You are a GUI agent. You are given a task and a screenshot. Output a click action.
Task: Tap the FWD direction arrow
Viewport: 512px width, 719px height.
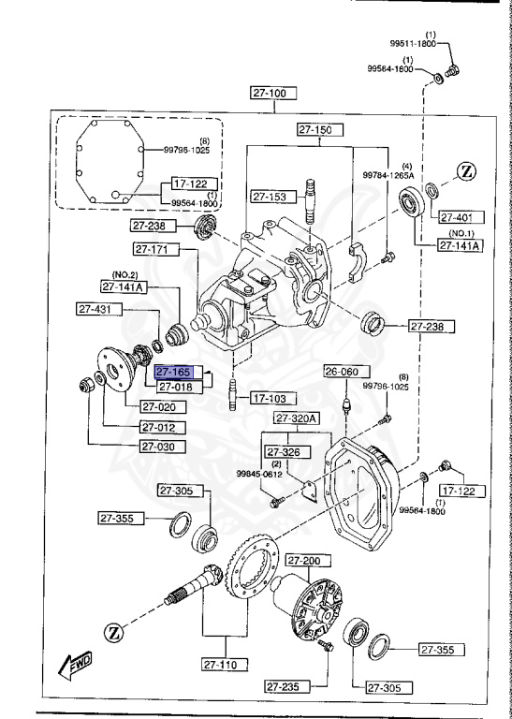pos(72,666)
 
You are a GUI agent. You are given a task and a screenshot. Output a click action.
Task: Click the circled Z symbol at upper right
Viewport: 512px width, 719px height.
pos(468,171)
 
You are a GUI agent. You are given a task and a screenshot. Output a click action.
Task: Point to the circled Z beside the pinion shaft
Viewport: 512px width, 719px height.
pos(114,632)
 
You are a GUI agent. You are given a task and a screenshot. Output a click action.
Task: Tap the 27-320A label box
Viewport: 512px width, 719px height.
pos(298,418)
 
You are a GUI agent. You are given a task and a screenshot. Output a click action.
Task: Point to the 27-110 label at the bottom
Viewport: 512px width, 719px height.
pos(225,665)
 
